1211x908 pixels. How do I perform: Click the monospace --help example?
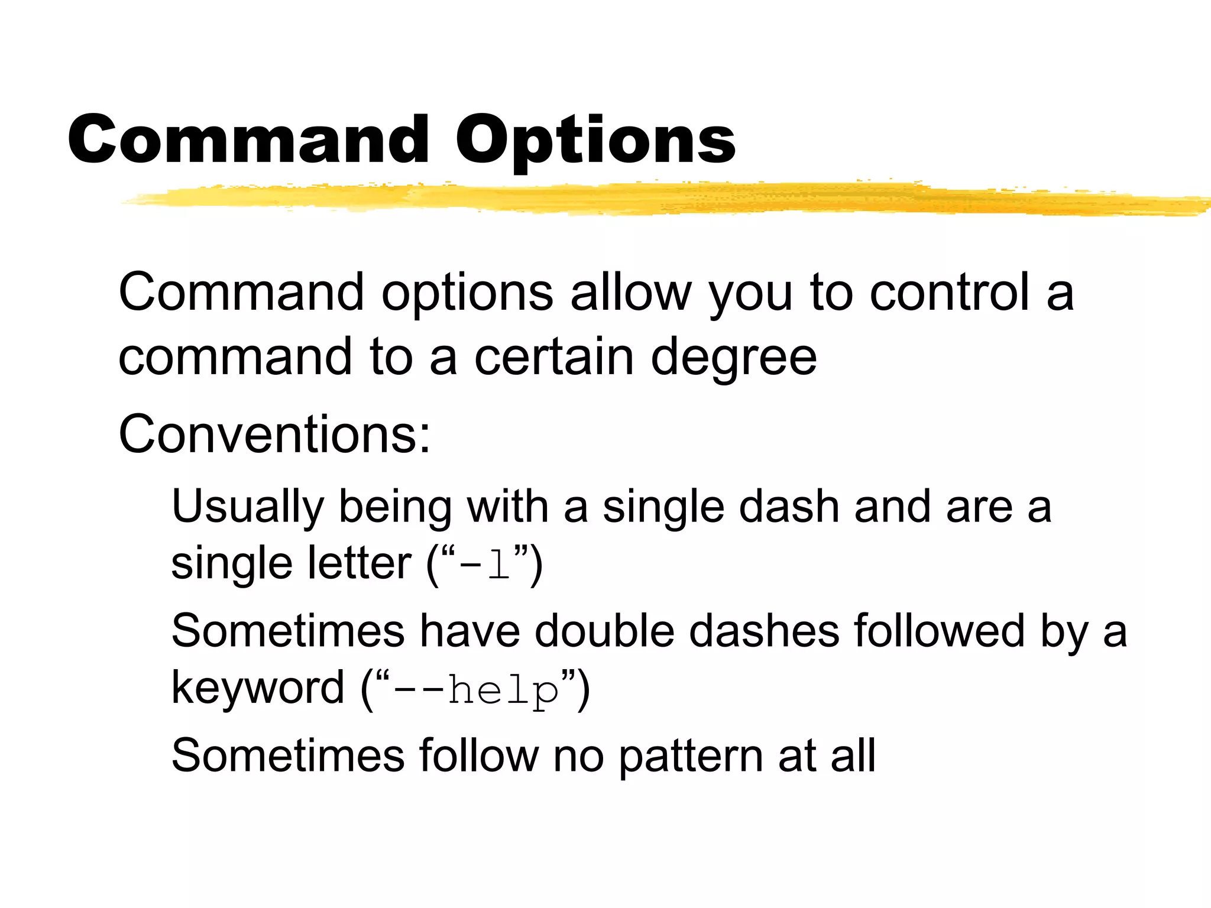[476, 690]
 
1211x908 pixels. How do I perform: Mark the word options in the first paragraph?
[467, 293]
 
